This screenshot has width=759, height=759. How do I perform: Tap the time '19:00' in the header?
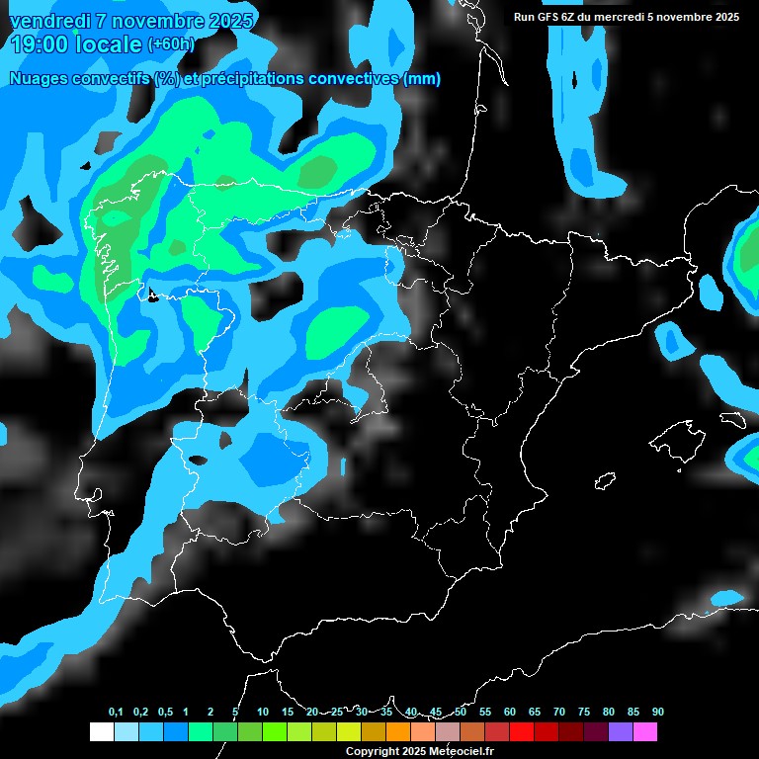39,44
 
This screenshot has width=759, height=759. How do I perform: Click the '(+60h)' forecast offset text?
171,44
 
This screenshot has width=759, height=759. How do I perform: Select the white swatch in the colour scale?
101,732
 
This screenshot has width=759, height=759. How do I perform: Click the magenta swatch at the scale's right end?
644,732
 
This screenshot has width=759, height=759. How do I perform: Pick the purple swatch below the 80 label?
620,732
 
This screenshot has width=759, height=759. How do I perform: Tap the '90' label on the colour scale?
658,713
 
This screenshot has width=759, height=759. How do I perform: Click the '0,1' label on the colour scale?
116,713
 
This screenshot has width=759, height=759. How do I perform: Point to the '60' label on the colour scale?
510,713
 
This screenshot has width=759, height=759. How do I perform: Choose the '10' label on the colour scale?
263,713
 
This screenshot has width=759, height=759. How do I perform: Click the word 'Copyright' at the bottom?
374,752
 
